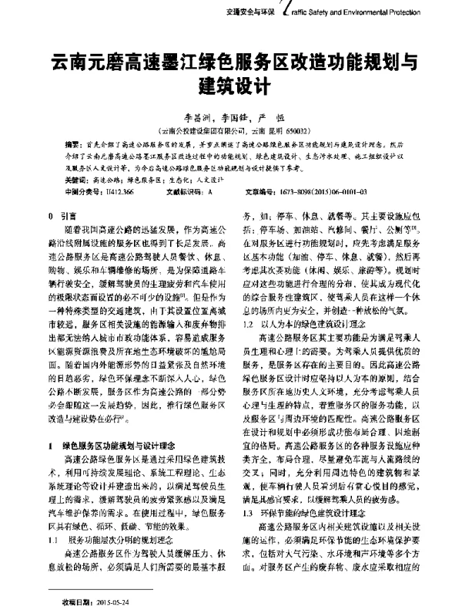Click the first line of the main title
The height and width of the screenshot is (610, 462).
[x=231, y=59]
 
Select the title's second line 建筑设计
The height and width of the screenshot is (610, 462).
[x=231, y=83]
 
